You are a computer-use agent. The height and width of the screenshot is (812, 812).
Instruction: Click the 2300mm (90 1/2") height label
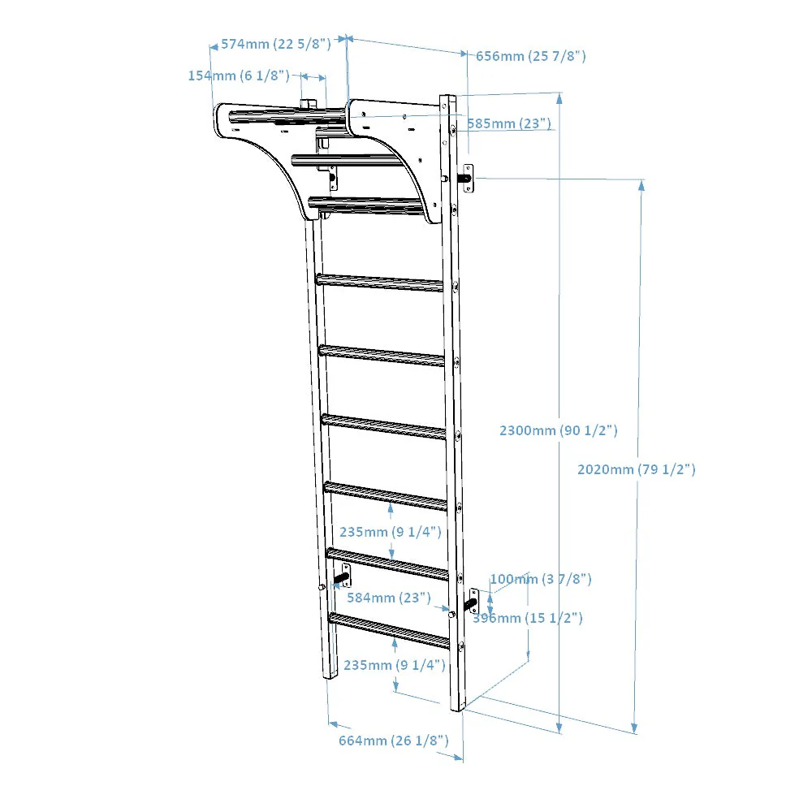[558, 431]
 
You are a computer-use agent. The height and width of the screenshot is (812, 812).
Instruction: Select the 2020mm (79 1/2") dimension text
[636, 469]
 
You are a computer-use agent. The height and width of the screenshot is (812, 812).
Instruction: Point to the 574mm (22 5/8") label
[275, 44]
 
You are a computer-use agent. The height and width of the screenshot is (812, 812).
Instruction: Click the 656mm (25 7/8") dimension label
[530, 56]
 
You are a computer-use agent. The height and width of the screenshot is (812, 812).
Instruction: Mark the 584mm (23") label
[387, 598]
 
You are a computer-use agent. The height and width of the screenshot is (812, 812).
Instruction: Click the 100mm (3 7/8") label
[540, 579]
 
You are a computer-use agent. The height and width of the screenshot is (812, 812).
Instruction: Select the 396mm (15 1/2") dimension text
[528, 619]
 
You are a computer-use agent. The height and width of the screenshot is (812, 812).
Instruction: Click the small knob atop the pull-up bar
[309, 103]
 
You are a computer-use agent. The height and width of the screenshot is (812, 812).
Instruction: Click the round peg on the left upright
[322, 586]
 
